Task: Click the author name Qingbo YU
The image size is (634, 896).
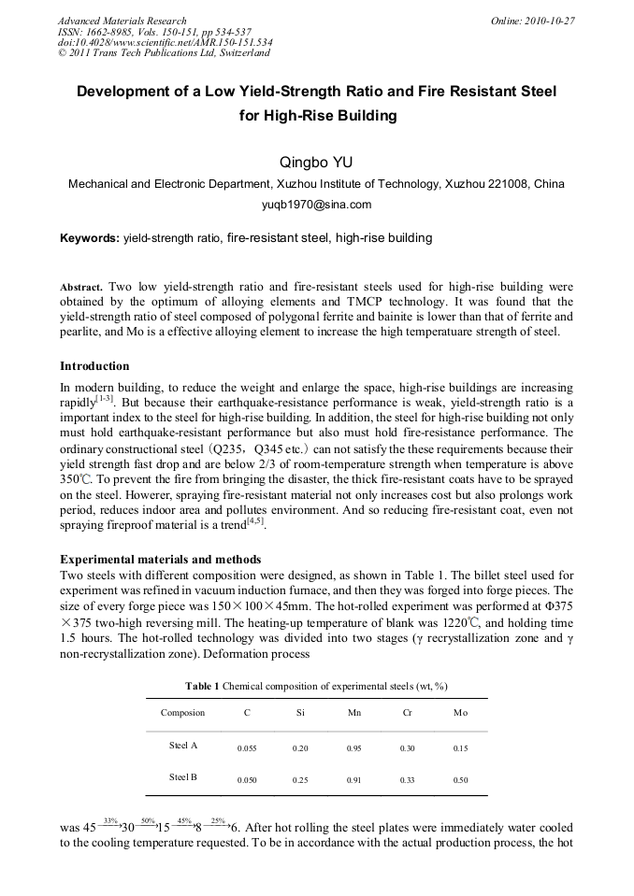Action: coord(316,163)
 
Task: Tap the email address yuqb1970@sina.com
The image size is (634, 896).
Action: coord(316,205)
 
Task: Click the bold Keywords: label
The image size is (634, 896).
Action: coord(90,238)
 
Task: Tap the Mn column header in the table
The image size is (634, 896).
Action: coord(353,713)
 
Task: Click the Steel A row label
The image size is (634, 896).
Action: coord(182,746)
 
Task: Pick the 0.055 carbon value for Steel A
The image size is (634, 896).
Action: coord(247,747)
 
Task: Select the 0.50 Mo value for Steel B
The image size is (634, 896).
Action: coord(460,779)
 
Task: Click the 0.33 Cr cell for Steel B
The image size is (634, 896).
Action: coord(407,779)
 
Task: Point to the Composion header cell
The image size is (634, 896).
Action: coord(182,713)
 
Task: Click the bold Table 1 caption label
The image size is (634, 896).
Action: coord(202,686)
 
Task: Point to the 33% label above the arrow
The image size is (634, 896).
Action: coord(109,820)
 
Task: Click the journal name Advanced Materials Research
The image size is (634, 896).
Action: coord(122,21)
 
